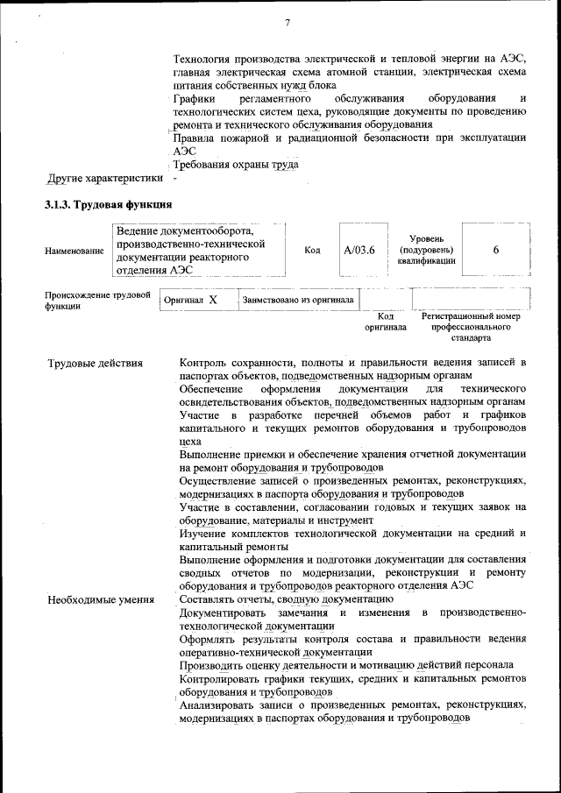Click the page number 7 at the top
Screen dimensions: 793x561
286,22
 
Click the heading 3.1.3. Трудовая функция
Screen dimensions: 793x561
108,205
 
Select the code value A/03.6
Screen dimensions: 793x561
359,250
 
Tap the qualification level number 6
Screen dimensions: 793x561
495,250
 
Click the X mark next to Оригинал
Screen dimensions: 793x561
212,301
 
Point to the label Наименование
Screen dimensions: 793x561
74,251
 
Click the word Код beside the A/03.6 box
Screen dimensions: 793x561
312,250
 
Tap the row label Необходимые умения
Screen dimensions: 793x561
101,599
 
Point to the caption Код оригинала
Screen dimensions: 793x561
386,322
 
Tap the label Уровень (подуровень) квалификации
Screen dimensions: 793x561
425,250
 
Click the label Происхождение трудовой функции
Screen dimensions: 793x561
97,301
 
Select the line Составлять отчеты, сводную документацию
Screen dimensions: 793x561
273,599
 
